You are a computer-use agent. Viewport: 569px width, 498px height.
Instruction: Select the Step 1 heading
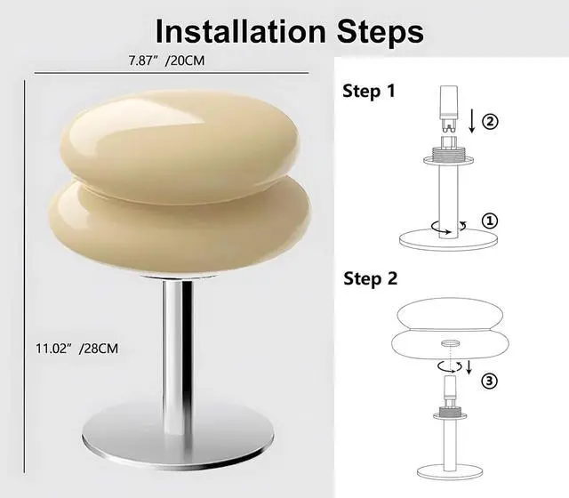(369, 91)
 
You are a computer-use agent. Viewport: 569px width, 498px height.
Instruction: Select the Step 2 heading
(369, 278)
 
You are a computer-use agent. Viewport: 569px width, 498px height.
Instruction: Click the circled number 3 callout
(488, 381)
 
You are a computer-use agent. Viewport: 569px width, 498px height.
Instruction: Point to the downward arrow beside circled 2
(471, 120)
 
